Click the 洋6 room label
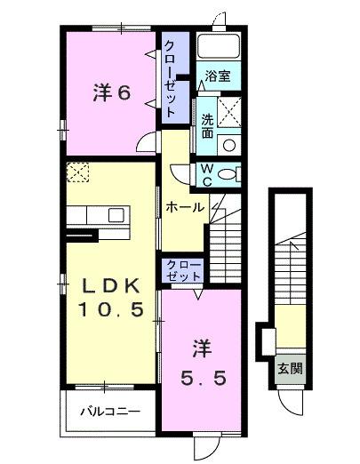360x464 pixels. pos(113,93)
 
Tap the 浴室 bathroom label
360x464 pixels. pos(219,76)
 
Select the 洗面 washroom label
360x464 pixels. pos(206,126)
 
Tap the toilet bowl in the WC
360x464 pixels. pos(230,173)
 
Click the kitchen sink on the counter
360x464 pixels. pos(116,214)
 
